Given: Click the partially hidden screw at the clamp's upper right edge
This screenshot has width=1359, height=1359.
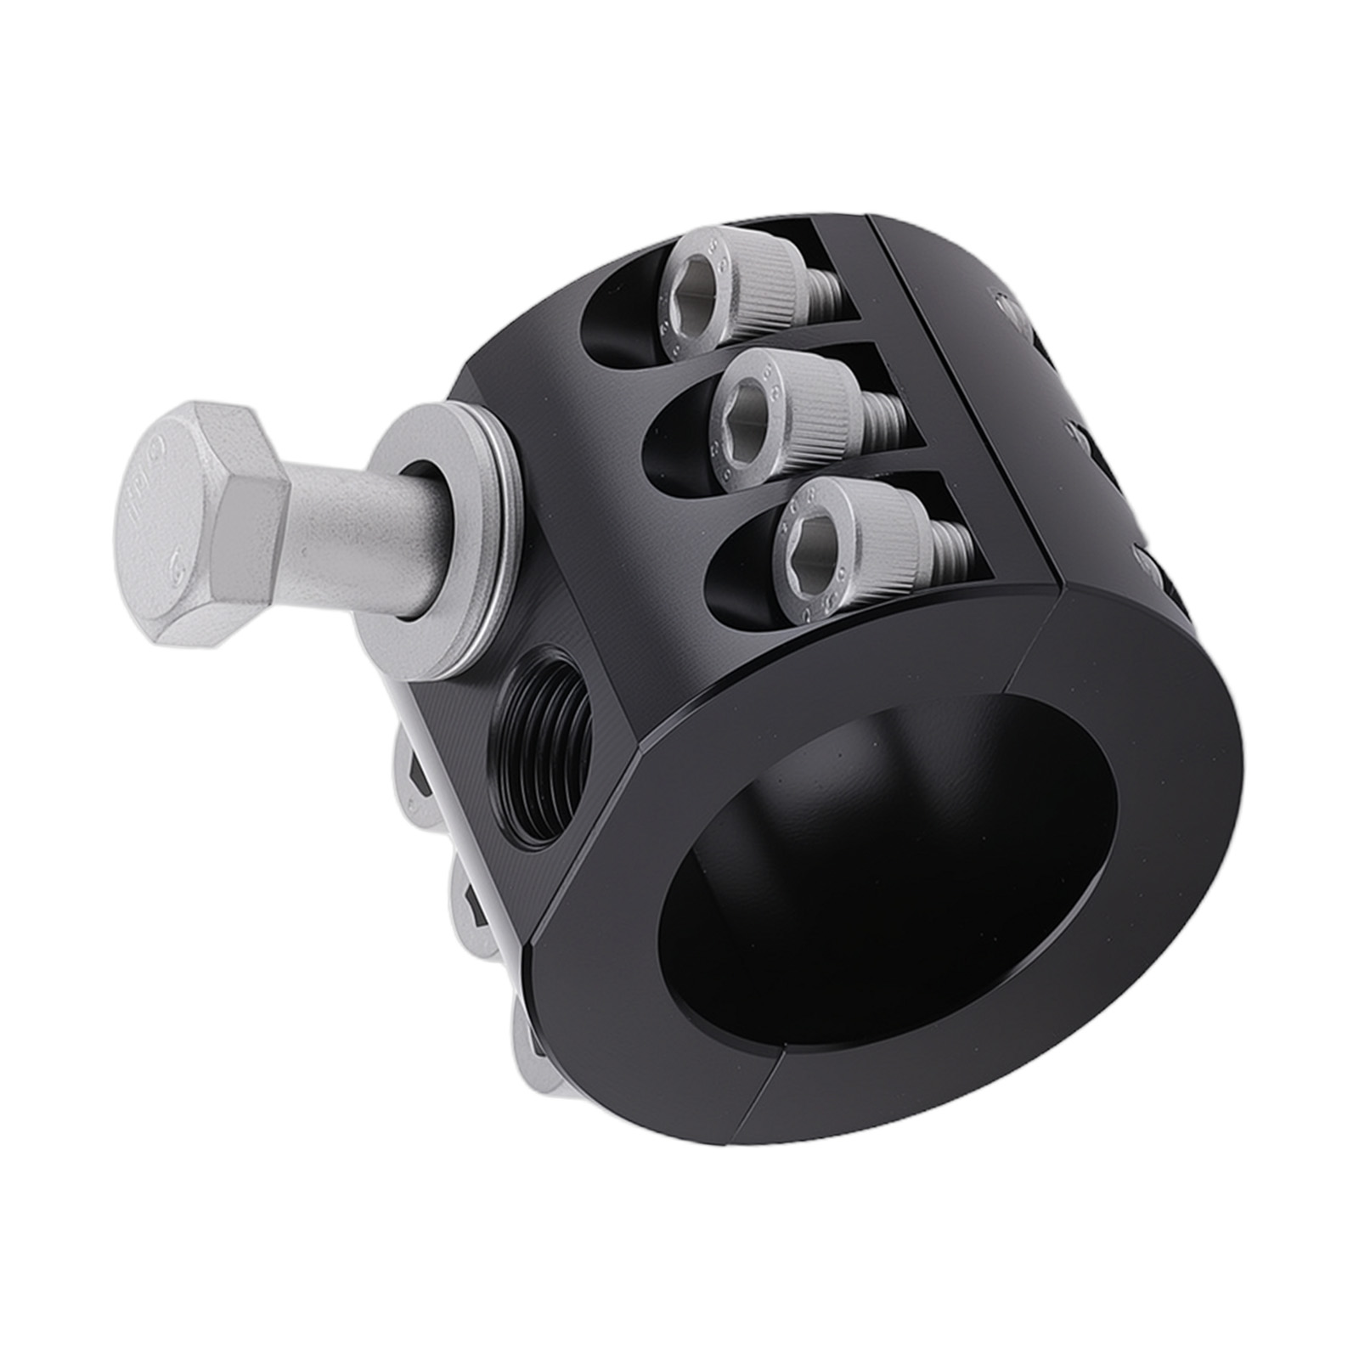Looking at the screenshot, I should click(1011, 310).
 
